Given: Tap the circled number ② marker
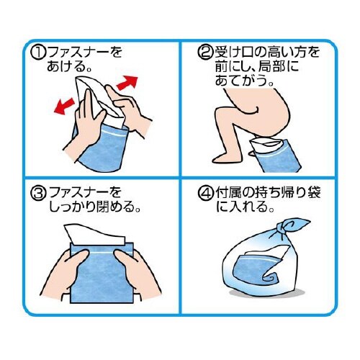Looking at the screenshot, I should pyautogui.click(x=204, y=53).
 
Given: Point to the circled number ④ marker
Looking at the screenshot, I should pyautogui.click(x=204, y=194).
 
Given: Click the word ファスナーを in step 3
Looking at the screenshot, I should pyautogui.click(x=85, y=194).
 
